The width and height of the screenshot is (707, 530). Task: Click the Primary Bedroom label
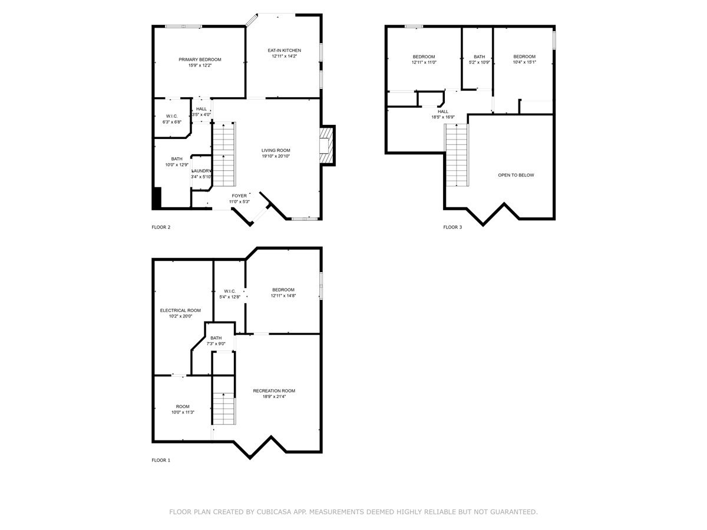click(x=200, y=59)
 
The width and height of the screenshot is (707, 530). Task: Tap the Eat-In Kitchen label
click(x=285, y=51)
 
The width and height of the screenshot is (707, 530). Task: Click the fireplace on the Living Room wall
click(x=326, y=145)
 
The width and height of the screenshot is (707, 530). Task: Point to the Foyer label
click(x=239, y=196)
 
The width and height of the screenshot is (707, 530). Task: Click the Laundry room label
click(x=201, y=171)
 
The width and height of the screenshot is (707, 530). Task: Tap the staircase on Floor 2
click(x=223, y=153)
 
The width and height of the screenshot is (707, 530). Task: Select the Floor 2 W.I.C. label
click(x=171, y=115)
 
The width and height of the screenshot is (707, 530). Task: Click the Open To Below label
click(x=516, y=175)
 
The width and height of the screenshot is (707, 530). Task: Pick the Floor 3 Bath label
click(x=479, y=57)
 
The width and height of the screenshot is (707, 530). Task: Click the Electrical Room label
click(x=180, y=310)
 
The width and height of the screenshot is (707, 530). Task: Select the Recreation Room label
click(x=274, y=390)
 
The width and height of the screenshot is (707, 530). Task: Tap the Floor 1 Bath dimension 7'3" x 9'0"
click(x=216, y=344)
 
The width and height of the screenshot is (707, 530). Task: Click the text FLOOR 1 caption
click(x=161, y=460)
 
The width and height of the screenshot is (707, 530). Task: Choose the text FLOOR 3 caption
click(x=452, y=227)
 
